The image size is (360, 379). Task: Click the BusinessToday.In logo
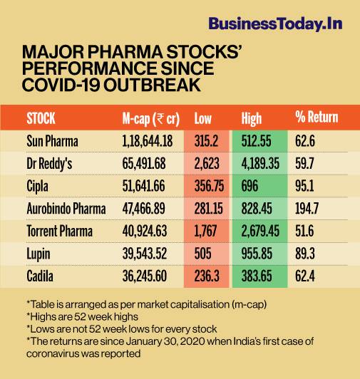coord(275,24)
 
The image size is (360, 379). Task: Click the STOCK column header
coord(41,118)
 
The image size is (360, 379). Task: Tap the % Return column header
coord(316,118)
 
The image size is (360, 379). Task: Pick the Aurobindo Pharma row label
coord(65,209)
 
